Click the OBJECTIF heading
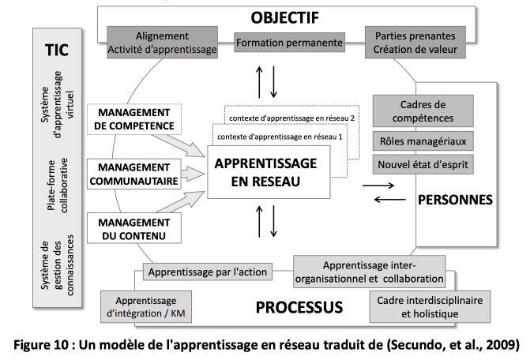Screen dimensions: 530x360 click(x=284, y=18)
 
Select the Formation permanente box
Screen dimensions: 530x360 click(x=289, y=43)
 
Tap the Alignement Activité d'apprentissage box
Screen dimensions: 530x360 click(x=162, y=43)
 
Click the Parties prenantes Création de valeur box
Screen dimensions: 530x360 click(x=415, y=43)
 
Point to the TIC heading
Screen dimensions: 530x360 click(x=57, y=50)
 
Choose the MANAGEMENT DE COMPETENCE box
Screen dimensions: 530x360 click(x=134, y=119)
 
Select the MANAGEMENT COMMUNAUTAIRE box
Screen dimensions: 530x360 click(x=134, y=174)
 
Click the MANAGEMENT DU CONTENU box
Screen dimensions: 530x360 click(x=134, y=228)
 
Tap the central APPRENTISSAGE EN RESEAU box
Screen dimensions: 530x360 click(x=269, y=172)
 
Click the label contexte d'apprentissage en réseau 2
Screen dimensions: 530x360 click(x=291, y=118)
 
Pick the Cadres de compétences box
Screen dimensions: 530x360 click(x=423, y=111)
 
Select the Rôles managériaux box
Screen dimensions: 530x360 click(x=423, y=141)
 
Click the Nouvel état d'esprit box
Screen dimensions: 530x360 click(x=423, y=164)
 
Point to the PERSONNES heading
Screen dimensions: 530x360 click(x=455, y=200)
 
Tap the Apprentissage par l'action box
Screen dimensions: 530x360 click(x=208, y=272)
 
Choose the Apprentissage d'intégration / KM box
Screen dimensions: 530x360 click(x=146, y=306)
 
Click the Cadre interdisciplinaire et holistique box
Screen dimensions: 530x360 click(x=430, y=306)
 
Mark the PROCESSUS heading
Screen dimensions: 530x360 click(x=299, y=307)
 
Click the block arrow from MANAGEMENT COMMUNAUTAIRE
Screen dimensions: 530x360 click(x=194, y=174)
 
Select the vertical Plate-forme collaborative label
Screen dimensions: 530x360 click(x=58, y=185)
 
